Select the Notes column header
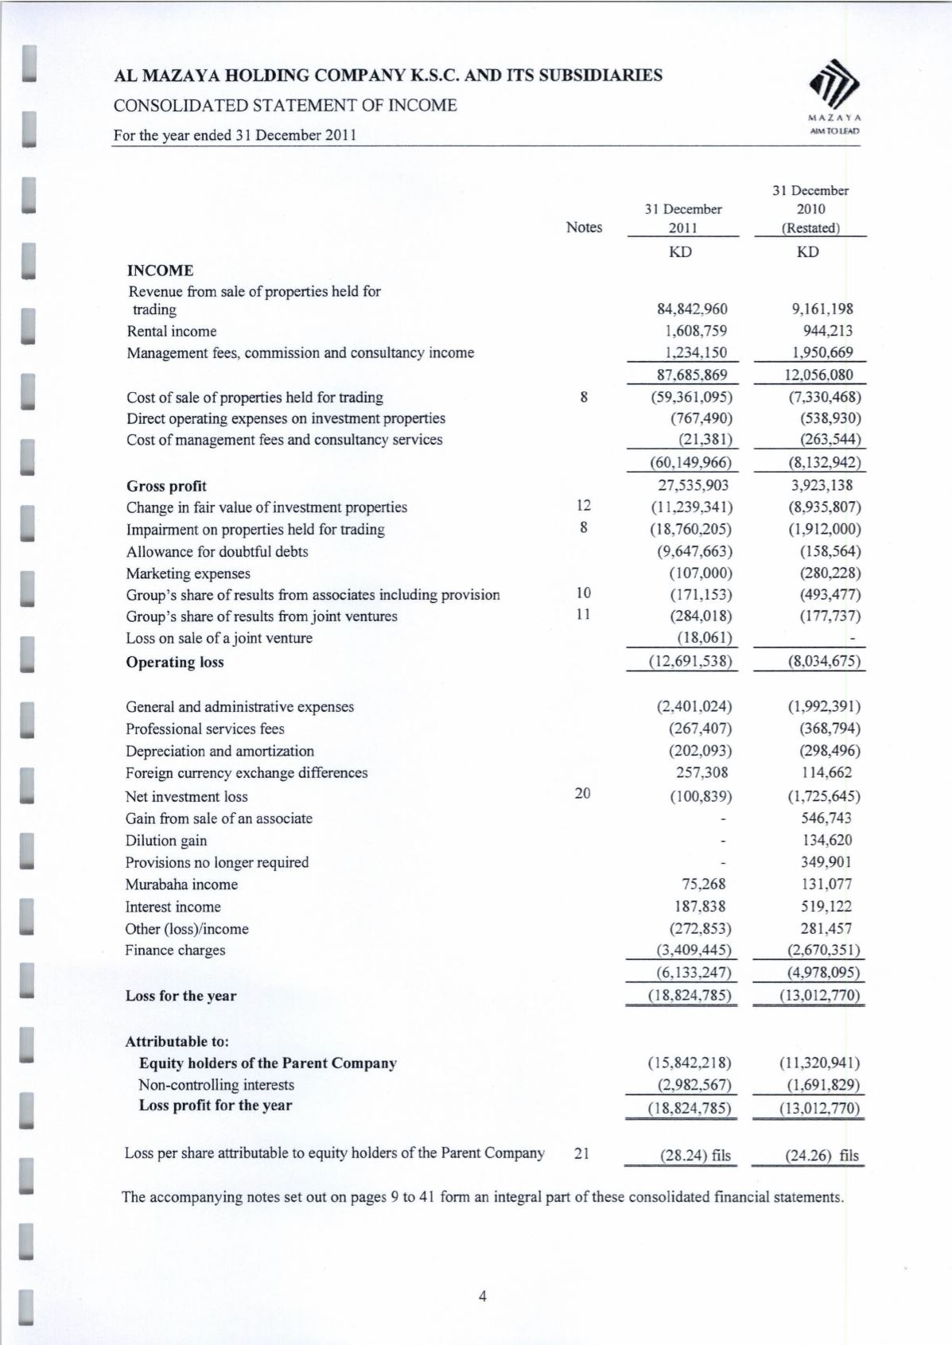tap(584, 227)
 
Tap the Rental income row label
tap(171, 331)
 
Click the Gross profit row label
tap(166, 486)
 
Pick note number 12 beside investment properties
tap(584, 506)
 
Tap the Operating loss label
tap(174, 662)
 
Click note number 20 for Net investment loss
tap(583, 793)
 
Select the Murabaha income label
tap(181, 884)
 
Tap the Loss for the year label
tap(181, 996)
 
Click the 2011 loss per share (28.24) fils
tap(695, 1156)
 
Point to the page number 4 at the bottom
tap(482, 1297)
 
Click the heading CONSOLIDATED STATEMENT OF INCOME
tap(286, 105)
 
